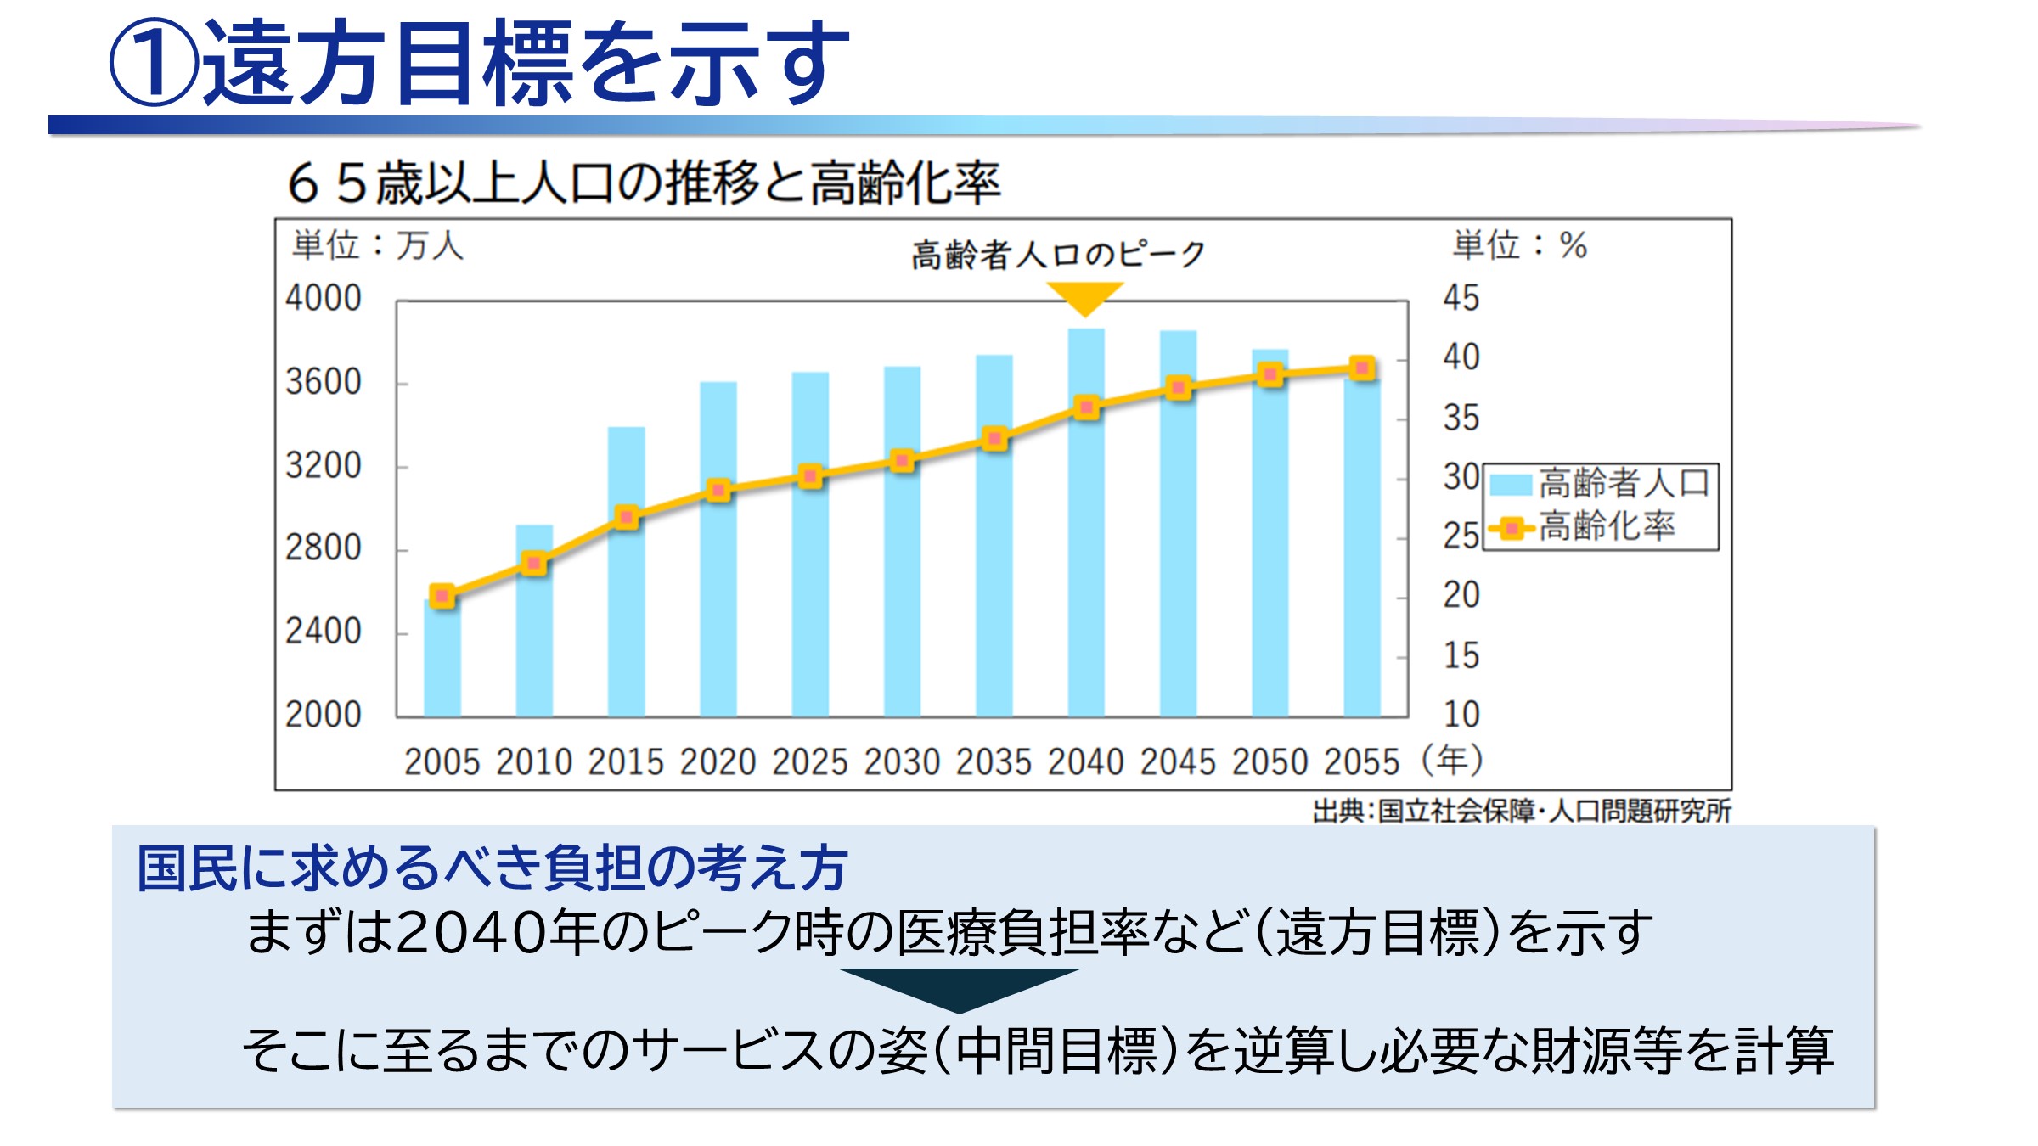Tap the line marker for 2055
click(x=1362, y=368)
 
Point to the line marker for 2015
click(x=627, y=517)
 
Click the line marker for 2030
click(x=902, y=461)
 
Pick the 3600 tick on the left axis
click(x=324, y=383)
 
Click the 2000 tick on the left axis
click(x=324, y=715)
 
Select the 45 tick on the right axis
click(x=1461, y=298)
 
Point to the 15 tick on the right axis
click(x=1461, y=655)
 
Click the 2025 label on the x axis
click(x=809, y=762)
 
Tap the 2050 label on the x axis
click(x=1270, y=762)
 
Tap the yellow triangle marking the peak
click(x=1084, y=297)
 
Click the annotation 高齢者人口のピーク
click(x=1058, y=254)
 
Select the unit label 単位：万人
click(x=378, y=246)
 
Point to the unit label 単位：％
click(x=1519, y=245)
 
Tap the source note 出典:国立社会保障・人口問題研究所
click(x=1521, y=812)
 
